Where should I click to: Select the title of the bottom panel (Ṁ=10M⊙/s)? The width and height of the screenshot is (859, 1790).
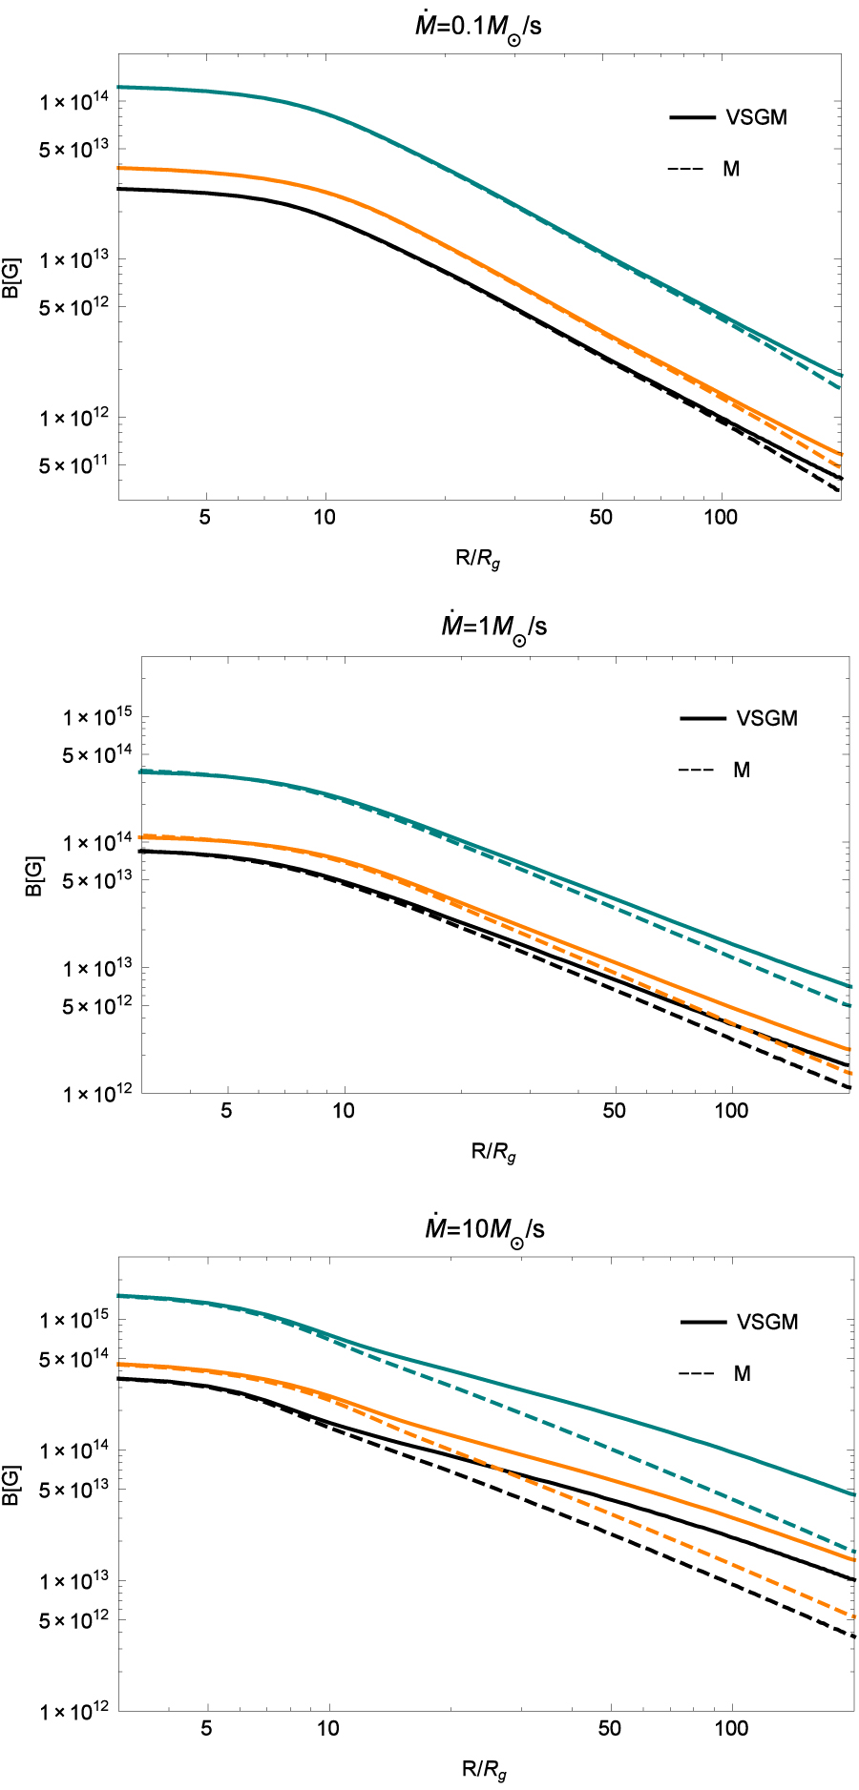484,1228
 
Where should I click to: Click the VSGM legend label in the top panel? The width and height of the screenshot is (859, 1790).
756,117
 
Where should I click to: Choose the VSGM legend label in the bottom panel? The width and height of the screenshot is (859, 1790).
766,1322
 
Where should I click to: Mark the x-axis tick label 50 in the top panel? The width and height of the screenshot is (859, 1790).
600,517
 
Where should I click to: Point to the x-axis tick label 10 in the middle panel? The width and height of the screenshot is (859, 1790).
343,1111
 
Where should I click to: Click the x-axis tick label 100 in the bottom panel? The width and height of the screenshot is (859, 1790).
731,1728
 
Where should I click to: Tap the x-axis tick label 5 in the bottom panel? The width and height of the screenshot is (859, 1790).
206,1728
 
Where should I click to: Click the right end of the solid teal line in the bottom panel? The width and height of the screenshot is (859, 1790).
853,1494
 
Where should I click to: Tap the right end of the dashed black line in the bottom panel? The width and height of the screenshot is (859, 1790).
853,1636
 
